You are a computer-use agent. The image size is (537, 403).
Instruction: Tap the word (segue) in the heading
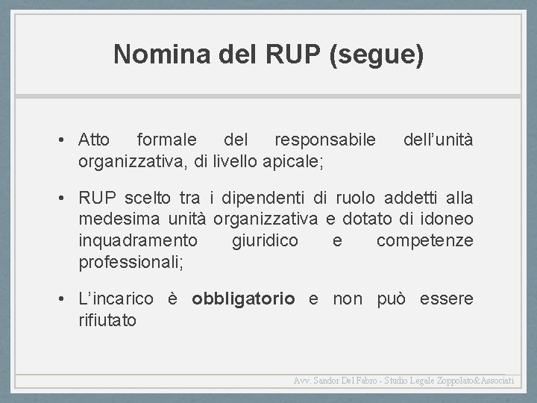click(x=376, y=55)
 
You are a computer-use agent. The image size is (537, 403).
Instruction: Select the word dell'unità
click(x=437, y=140)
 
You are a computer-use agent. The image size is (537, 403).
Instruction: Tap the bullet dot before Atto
click(x=67, y=141)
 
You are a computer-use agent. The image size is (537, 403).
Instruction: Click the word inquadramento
click(x=138, y=240)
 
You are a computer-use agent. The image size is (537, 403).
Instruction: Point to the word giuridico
click(x=265, y=240)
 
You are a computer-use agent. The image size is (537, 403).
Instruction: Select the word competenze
click(x=424, y=240)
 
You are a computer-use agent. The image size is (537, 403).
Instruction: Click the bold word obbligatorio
click(x=243, y=299)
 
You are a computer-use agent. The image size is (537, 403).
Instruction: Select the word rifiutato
click(x=107, y=321)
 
